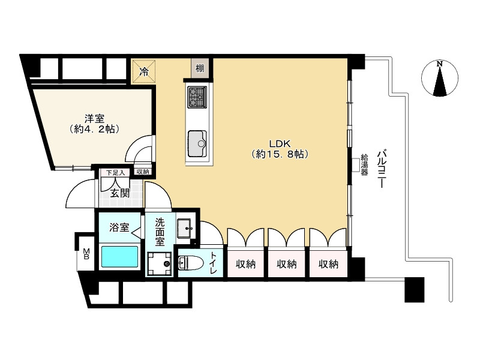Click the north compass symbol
click(440, 79)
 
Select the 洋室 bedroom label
click(94, 118)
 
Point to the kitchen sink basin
click(197, 143)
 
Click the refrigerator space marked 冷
click(143, 72)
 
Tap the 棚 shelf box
click(200, 68)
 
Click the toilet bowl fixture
click(191, 263)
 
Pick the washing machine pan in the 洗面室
click(159, 263)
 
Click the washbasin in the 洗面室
click(184, 228)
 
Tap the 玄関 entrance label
click(119, 193)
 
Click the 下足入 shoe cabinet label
click(116, 172)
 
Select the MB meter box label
click(86, 254)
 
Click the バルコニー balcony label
click(381, 169)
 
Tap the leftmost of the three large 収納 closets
click(245, 264)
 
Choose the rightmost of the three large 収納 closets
click(328, 264)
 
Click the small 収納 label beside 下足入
click(143, 172)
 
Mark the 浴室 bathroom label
click(119, 227)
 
